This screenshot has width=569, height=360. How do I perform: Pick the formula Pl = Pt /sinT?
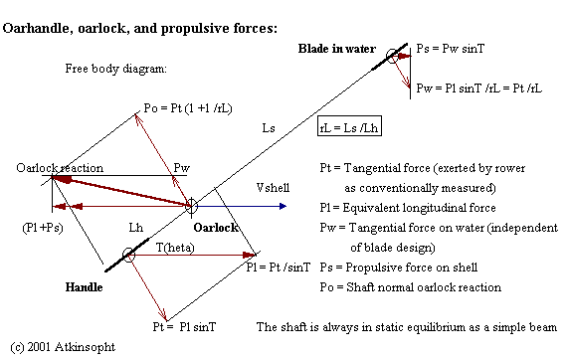[289, 267]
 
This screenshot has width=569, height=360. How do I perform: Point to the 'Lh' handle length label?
[136, 228]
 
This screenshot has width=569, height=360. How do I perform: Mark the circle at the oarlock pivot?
[191, 206]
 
